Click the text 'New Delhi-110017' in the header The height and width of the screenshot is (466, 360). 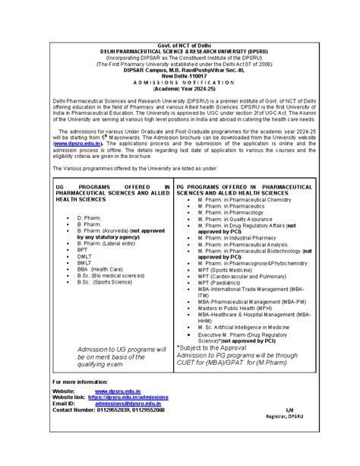[x=180, y=76]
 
